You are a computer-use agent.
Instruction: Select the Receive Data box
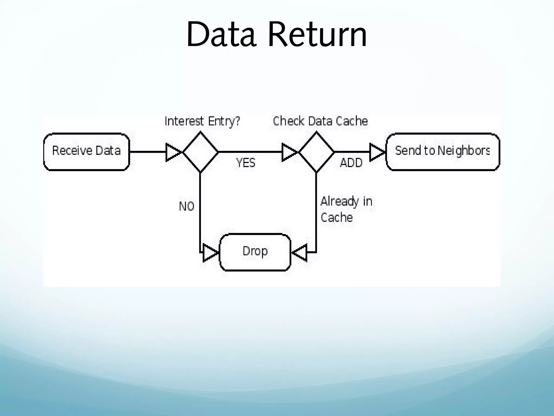click(87, 152)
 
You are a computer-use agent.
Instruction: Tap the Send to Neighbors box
click(443, 152)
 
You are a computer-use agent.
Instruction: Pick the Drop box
click(255, 252)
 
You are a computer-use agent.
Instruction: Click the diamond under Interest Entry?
click(200, 152)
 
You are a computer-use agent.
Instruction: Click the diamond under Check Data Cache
click(316, 152)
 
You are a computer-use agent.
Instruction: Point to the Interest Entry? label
click(202, 121)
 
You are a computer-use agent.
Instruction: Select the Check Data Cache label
click(320, 121)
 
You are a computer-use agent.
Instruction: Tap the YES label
click(246, 163)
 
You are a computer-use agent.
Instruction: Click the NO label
click(187, 207)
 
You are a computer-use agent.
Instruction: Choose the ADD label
click(351, 163)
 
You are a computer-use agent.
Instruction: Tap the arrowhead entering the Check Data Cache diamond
click(289, 152)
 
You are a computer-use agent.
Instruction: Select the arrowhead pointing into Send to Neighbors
click(377, 152)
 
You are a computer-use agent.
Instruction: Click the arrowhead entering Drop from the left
click(210, 253)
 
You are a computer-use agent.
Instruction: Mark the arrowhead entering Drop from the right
click(300, 253)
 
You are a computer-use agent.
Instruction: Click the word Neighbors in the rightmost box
click(463, 151)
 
